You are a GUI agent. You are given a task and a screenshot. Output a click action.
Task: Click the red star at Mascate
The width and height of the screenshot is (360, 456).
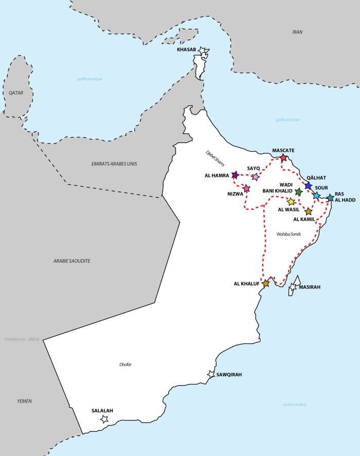(x=283, y=158)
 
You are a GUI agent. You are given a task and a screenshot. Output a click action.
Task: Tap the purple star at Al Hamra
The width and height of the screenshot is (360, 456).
(x=235, y=175)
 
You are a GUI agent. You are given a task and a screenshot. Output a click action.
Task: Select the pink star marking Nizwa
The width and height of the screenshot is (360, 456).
(x=246, y=189)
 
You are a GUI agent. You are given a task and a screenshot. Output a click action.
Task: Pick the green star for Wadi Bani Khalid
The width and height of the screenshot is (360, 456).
(x=299, y=192)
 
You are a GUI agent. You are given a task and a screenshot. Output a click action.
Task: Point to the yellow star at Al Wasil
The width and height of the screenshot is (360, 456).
(x=291, y=202)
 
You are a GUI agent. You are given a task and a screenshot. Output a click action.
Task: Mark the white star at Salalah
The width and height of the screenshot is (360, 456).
(x=104, y=419)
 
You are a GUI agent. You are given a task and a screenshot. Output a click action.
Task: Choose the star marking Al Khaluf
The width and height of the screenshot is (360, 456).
(x=266, y=283)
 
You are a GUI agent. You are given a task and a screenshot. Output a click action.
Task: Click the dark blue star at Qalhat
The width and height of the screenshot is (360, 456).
(x=308, y=186)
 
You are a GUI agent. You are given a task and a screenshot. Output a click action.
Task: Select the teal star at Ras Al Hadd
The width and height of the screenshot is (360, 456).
(x=330, y=198)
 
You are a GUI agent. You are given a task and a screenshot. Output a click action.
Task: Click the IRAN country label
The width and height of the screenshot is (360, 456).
(x=297, y=32)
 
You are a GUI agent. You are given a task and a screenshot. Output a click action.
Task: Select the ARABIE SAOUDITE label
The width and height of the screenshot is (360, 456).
(x=71, y=261)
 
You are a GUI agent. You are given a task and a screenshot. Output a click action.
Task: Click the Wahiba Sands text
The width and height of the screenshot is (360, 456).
(x=288, y=234)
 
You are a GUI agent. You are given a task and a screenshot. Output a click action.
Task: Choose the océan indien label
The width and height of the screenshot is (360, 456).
(x=295, y=404)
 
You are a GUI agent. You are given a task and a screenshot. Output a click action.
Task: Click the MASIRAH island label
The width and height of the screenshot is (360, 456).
(x=309, y=287)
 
